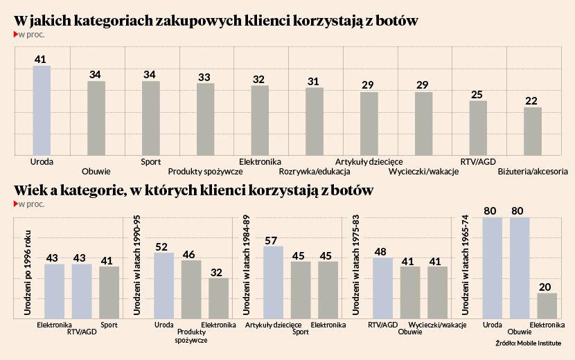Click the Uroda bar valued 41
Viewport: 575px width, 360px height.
click(x=42, y=111)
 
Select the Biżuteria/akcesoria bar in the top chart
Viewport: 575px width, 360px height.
click(x=533, y=131)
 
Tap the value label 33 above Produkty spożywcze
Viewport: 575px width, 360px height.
click(x=204, y=78)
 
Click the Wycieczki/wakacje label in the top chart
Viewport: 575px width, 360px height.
click(x=423, y=172)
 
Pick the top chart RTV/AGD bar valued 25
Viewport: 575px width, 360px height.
click(x=478, y=128)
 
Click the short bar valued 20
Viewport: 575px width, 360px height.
click(x=547, y=305)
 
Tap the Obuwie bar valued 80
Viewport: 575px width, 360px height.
click(x=520, y=268)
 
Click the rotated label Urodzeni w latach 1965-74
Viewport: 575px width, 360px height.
click(x=467, y=265)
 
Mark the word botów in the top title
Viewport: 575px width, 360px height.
click(x=395, y=21)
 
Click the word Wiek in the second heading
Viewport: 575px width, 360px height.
click(x=29, y=190)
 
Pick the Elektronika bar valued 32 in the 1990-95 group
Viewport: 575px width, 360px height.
click(x=218, y=298)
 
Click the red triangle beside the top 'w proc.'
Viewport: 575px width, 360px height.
click(x=15, y=34)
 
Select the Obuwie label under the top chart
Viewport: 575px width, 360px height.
click(x=96, y=172)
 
